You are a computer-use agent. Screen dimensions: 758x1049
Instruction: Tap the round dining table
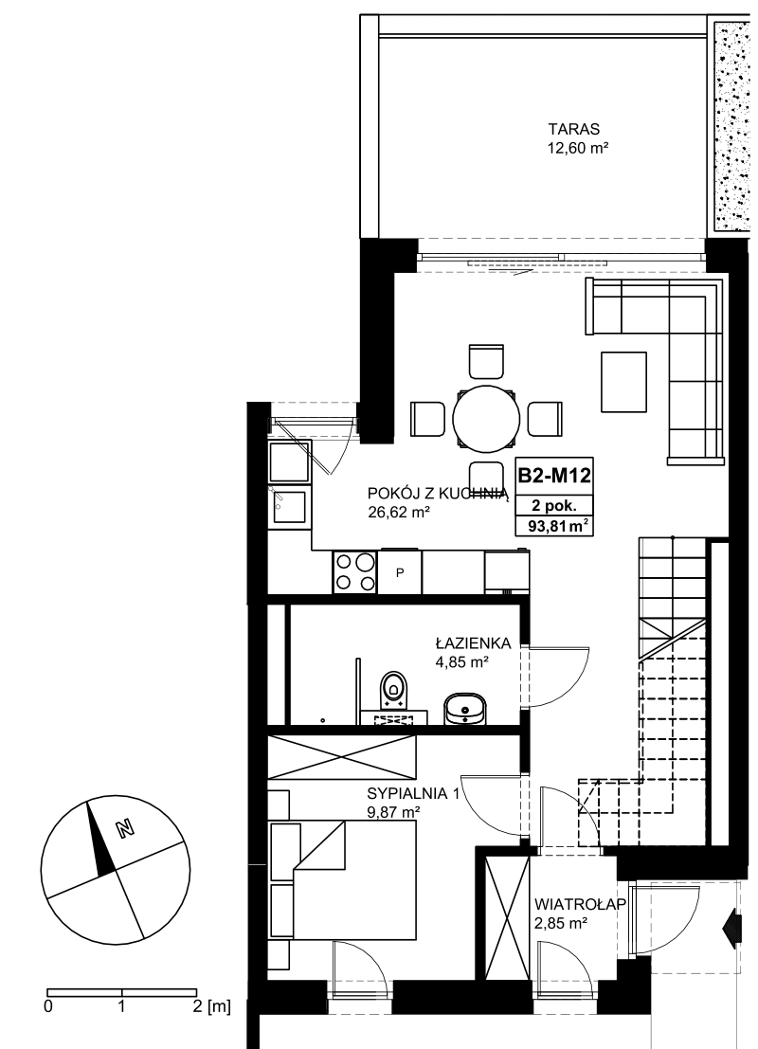pyautogui.click(x=486, y=419)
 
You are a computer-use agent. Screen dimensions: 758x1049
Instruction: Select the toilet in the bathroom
pyautogui.click(x=392, y=690)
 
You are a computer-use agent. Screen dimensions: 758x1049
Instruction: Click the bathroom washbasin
pyautogui.click(x=465, y=708)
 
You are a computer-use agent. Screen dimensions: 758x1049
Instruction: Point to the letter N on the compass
pyautogui.click(x=124, y=829)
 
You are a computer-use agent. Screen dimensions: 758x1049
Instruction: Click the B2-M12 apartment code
pyautogui.click(x=554, y=476)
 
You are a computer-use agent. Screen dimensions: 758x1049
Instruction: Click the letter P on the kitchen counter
pyautogui.click(x=400, y=572)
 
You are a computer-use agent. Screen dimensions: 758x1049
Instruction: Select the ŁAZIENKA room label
pyautogui.click(x=473, y=643)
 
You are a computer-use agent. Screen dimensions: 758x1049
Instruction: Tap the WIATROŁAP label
pyautogui.click(x=580, y=905)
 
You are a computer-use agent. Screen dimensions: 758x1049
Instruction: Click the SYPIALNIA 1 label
pyautogui.click(x=413, y=794)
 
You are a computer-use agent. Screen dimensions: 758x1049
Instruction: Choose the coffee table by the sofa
pyautogui.click(x=623, y=382)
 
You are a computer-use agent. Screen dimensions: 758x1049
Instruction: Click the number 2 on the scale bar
pyautogui.click(x=197, y=1005)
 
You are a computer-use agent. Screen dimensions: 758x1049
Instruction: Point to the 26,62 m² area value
pyautogui.click(x=398, y=513)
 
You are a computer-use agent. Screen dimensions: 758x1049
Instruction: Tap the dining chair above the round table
pyautogui.click(x=486, y=362)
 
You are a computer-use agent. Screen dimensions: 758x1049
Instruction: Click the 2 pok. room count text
pyautogui.click(x=554, y=506)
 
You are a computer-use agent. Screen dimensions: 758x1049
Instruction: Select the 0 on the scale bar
pyautogui.click(x=47, y=1005)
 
